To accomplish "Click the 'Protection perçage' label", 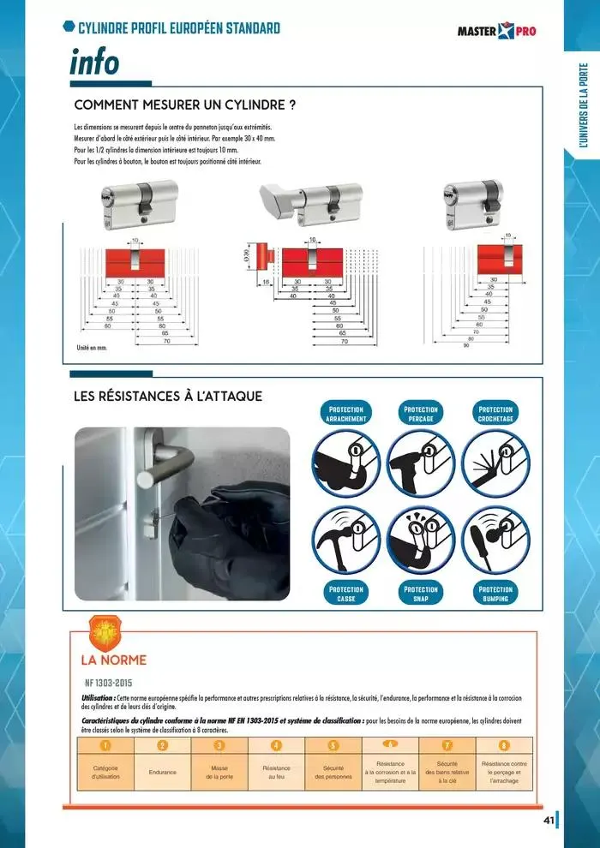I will [x=421, y=414].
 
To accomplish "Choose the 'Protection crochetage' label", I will [x=495, y=414].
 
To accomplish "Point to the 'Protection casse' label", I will [x=346, y=594].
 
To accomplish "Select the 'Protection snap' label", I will [x=421, y=594].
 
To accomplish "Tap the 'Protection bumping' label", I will [x=495, y=594].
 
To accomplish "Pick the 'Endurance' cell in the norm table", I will [x=163, y=773].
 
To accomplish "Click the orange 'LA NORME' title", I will [x=113, y=660].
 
